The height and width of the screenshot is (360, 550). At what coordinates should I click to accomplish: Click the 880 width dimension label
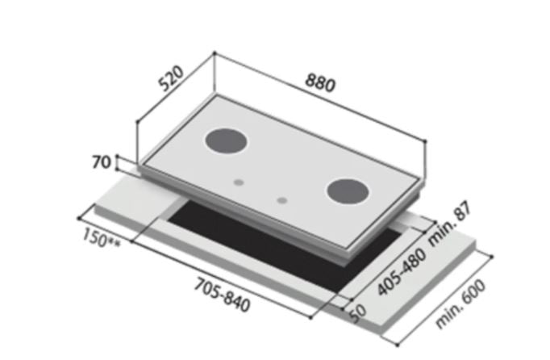tap(320, 83)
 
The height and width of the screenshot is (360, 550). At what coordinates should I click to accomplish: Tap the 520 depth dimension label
tap(171, 78)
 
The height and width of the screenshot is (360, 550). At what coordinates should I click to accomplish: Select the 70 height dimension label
tap(102, 162)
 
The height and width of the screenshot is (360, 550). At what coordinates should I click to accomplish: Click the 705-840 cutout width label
tap(223, 295)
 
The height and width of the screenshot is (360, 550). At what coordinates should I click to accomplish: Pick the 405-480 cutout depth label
tap(402, 271)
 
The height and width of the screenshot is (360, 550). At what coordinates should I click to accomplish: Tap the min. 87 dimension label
tap(450, 224)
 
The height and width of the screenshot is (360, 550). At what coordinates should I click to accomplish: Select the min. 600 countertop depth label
tap(460, 304)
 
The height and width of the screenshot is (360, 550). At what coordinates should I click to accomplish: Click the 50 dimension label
tap(358, 314)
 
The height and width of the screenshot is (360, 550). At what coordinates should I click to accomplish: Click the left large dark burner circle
tap(226, 140)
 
